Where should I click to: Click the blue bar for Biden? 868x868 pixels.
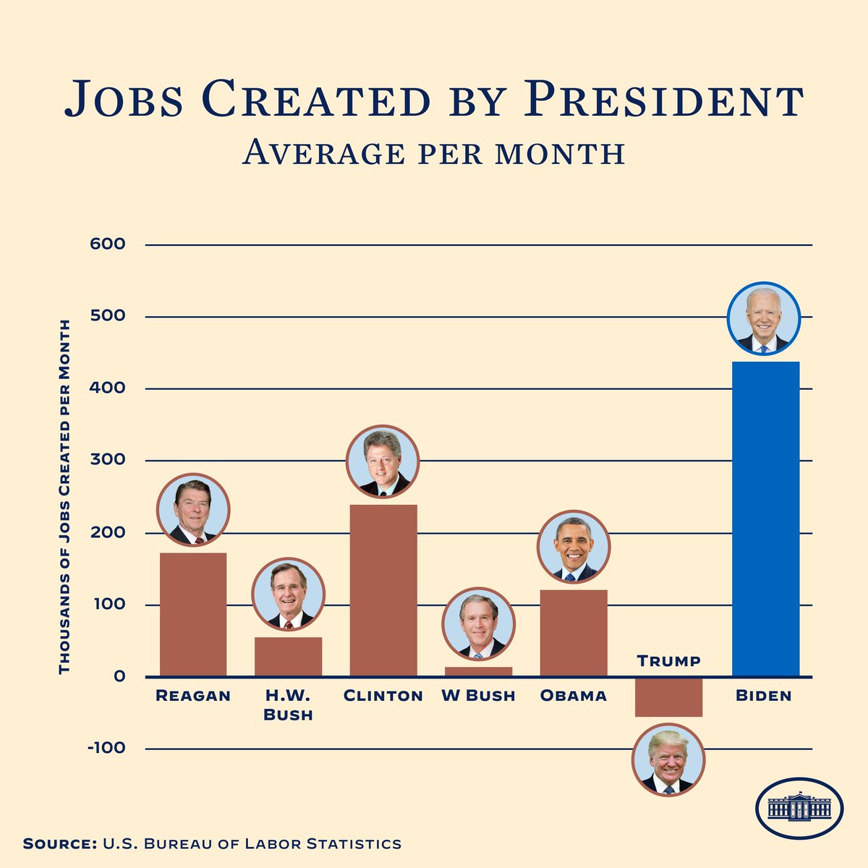[x=765, y=519]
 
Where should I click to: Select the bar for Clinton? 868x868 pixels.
[x=383, y=590]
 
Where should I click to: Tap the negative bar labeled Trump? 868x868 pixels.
[x=668, y=697]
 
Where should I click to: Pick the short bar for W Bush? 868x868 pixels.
[x=478, y=672]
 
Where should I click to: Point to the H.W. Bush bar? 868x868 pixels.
[x=288, y=657]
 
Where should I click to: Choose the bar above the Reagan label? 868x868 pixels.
[x=193, y=615]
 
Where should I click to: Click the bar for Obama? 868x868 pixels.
[x=574, y=634]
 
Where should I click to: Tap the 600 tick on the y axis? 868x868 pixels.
[x=108, y=244]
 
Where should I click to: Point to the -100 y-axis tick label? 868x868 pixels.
[x=106, y=748]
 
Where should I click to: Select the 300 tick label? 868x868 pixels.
[x=108, y=460]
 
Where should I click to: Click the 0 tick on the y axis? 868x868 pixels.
[x=119, y=677]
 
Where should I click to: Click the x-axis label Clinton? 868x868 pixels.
[x=383, y=696]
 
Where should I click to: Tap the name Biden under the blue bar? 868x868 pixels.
[x=764, y=696]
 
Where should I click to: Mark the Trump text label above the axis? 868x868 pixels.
[x=668, y=661]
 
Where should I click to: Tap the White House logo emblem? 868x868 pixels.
[x=799, y=808]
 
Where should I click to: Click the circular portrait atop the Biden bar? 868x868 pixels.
[x=764, y=318]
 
